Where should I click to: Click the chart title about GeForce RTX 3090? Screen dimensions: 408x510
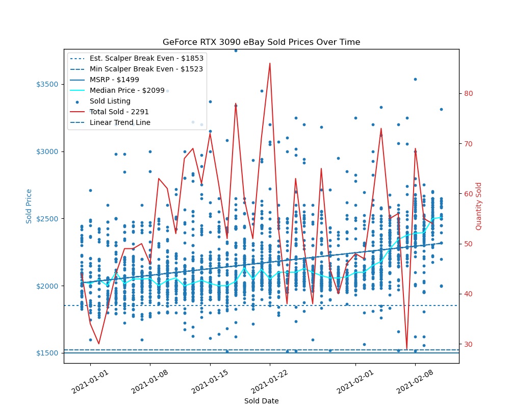(x=261, y=42)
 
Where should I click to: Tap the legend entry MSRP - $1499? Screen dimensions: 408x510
(x=114, y=80)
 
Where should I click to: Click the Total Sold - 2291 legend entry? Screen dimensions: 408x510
(x=119, y=112)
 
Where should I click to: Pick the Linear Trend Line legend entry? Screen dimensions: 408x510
(x=120, y=122)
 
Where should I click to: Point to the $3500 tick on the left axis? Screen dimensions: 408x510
(x=50, y=84)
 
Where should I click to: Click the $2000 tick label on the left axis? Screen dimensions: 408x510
(x=50, y=286)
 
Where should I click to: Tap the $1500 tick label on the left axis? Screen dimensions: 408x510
(x=50, y=353)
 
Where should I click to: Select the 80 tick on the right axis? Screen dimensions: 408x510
(x=468, y=93)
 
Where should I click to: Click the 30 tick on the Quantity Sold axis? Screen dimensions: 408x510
(x=468, y=344)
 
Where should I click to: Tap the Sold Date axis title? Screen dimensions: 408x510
(x=261, y=401)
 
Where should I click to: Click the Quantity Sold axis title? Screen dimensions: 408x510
(x=478, y=206)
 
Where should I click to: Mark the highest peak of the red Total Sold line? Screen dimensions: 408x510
(x=270, y=63)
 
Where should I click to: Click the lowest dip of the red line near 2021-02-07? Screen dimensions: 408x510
(x=406, y=349)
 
